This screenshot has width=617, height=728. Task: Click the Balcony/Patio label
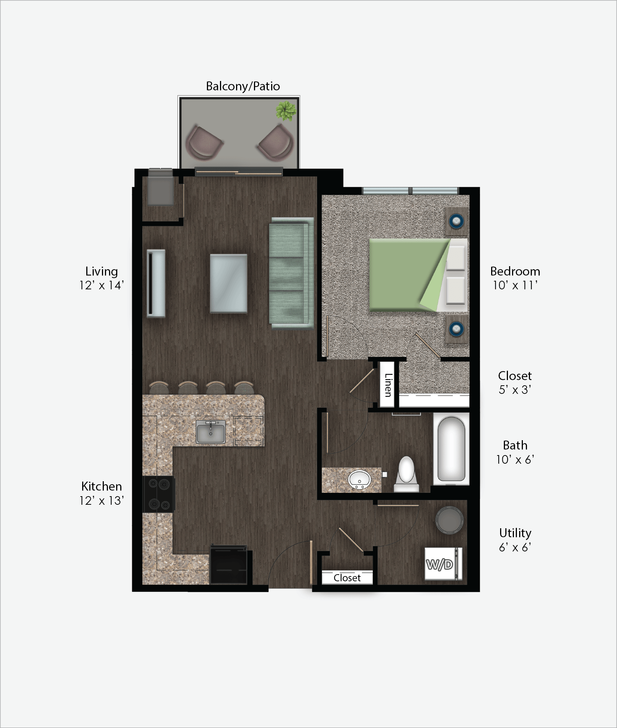pos(243,86)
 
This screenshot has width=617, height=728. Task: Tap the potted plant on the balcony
pos(286,111)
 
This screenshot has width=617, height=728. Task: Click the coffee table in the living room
pos(228,283)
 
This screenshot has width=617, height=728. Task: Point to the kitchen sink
pos(211,432)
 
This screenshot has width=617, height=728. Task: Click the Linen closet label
pos(388,385)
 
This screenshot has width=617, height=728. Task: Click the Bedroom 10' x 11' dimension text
pos(515,286)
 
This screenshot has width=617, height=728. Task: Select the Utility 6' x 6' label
pos(515,540)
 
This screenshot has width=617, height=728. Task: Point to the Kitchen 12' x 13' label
pos(102,493)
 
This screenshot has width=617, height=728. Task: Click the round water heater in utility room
pos(449,520)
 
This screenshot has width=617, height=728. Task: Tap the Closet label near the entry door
pos(347,578)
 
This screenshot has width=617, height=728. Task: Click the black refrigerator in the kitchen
pos(228,564)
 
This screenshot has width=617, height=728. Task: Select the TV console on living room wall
pos(156,283)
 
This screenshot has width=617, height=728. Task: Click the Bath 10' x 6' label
pos(515,452)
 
